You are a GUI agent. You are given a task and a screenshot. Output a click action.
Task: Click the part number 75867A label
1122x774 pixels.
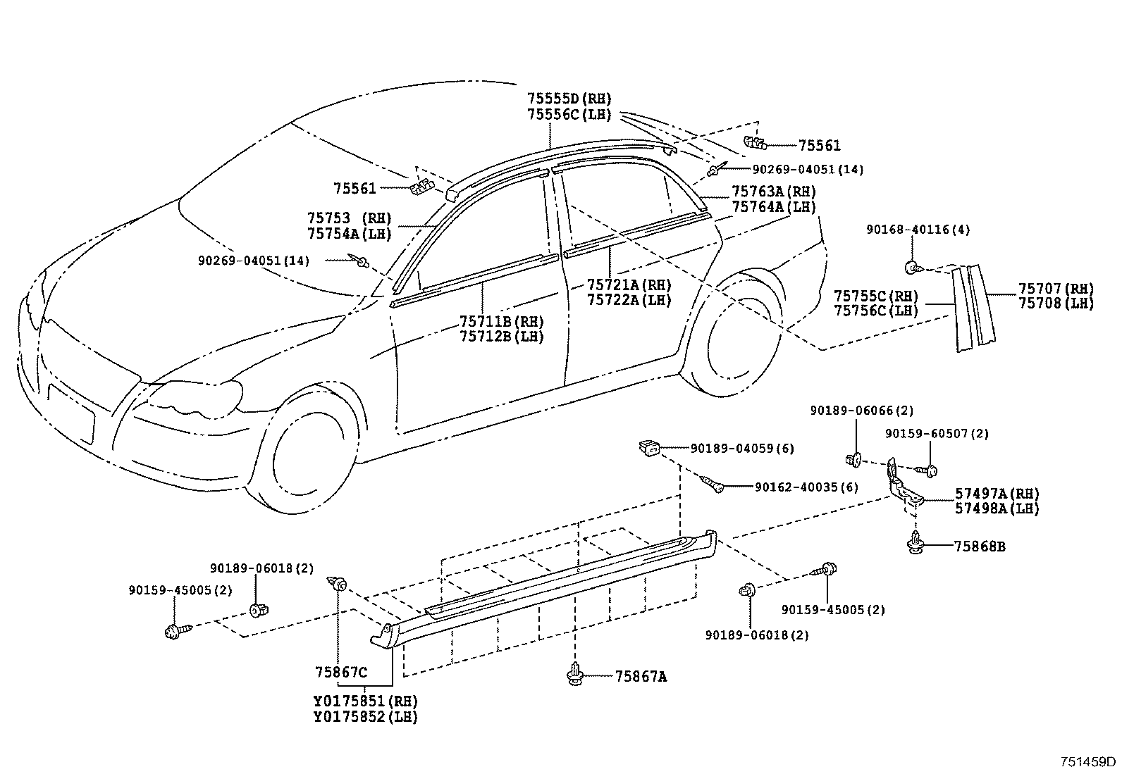pos(641,677)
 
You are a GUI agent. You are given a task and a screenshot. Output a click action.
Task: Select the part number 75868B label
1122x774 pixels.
pos(979,547)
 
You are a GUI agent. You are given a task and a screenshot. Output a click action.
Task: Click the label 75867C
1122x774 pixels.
pos(341,672)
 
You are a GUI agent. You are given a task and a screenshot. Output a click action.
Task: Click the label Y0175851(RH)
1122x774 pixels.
pos(366,701)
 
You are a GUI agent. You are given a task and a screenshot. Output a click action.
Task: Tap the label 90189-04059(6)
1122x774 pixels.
pos(742,449)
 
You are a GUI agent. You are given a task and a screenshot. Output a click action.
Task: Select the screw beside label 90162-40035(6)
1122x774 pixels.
pos(712,484)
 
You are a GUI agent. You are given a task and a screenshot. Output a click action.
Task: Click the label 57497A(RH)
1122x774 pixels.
pos(997,494)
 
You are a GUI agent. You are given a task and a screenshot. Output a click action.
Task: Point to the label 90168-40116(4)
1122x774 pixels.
pos(918,230)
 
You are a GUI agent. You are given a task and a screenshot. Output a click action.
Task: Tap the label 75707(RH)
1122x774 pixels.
pos(1056,289)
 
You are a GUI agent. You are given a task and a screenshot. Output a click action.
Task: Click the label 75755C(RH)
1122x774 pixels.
pos(876,296)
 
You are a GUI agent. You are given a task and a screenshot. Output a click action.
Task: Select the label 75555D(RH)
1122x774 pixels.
pos(569,99)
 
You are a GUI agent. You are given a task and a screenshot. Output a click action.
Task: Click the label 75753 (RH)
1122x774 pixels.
pos(349,218)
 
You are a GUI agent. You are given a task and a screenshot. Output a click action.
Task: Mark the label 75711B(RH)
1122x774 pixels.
pos(502,321)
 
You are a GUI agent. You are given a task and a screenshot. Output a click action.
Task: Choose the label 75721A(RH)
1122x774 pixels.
pos(629,285)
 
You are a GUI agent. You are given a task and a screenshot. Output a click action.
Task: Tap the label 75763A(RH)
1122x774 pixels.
pos(774,192)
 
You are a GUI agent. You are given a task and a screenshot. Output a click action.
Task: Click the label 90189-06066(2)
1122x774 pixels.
pos(862,411)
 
